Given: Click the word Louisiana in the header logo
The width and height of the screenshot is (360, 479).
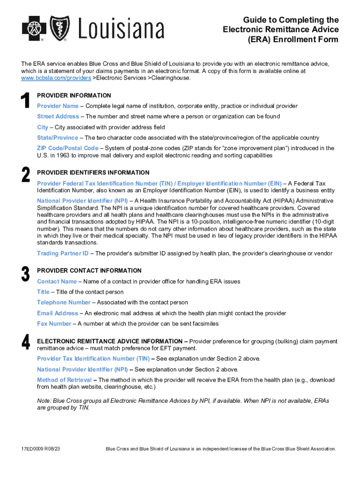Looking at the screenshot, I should coord(121,29).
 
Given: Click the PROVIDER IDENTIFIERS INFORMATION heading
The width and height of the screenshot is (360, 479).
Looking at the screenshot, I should coord(94,173).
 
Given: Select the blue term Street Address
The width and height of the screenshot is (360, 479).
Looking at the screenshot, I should coord(58,116).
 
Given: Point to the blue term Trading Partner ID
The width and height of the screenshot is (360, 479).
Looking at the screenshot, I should coord(63,254).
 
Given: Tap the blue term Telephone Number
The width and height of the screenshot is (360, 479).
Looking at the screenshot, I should coord(64,303).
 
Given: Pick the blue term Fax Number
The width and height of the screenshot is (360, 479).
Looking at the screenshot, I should coord(54,324).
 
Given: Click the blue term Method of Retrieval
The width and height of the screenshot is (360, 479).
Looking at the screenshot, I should coord(64,380).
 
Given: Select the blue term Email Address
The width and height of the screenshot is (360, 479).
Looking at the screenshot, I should coord(58,313).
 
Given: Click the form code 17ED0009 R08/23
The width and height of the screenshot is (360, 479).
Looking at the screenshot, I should coord(40,449).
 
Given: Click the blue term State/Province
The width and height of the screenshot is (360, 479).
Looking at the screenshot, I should coord(58,138).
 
